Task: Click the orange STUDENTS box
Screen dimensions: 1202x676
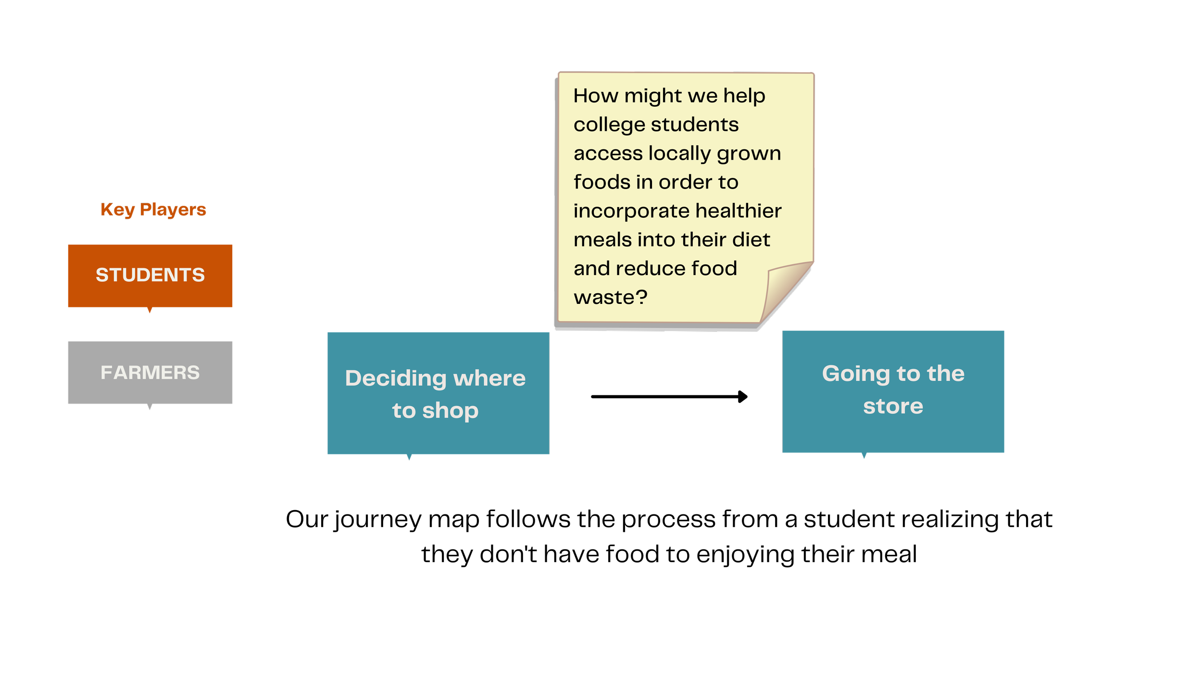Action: [150, 275]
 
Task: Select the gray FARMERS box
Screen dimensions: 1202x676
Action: [150, 373]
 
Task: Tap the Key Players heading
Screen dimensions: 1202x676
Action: [153, 210]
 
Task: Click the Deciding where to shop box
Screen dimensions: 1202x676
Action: [438, 393]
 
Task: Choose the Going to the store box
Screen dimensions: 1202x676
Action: [893, 391]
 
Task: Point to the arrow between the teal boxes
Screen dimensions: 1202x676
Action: [669, 397]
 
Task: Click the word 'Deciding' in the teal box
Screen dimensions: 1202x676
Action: [396, 378]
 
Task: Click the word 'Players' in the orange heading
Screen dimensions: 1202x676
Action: [173, 210]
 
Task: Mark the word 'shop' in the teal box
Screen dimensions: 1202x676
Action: [451, 411]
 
